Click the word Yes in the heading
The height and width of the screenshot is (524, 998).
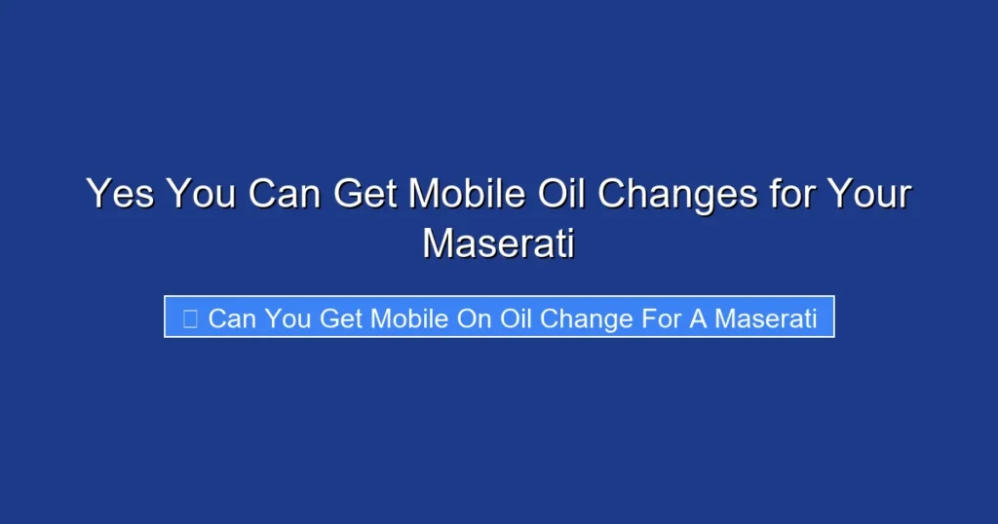[120, 194]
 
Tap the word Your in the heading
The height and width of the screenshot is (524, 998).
[869, 194]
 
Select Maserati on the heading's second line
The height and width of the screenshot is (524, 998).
[498, 243]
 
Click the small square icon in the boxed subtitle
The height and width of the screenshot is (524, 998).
[190, 318]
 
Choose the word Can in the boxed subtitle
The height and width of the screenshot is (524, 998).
[230, 318]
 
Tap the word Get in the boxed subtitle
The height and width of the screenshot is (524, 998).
[341, 318]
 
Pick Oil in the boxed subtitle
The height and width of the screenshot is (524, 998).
[516, 318]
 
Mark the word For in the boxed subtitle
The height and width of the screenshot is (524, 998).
[659, 318]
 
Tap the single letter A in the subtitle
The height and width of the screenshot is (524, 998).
[698, 318]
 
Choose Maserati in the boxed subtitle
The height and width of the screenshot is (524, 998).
[766, 318]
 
